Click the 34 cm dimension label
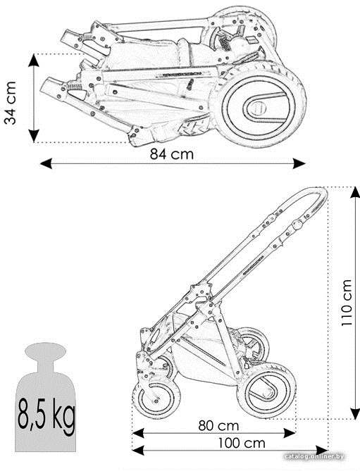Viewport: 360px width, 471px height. (x=11, y=102)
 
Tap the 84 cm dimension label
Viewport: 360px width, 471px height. (x=172, y=154)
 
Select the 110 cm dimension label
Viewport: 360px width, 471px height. (x=347, y=303)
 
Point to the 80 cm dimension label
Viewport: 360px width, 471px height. (x=218, y=426)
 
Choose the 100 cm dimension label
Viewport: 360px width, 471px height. (x=242, y=443)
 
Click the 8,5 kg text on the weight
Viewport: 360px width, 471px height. (x=46, y=414)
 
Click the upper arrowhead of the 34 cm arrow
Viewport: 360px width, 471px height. (x=34, y=61)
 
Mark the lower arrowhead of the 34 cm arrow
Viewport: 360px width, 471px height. (x=34, y=136)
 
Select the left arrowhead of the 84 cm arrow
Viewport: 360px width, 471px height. (x=46, y=164)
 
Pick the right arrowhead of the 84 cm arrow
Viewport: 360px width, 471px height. (x=299, y=164)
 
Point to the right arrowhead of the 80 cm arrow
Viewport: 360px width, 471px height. (x=290, y=433)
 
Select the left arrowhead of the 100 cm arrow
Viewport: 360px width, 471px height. (x=138, y=451)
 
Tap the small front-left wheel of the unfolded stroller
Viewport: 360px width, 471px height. (x=156, y=397)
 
